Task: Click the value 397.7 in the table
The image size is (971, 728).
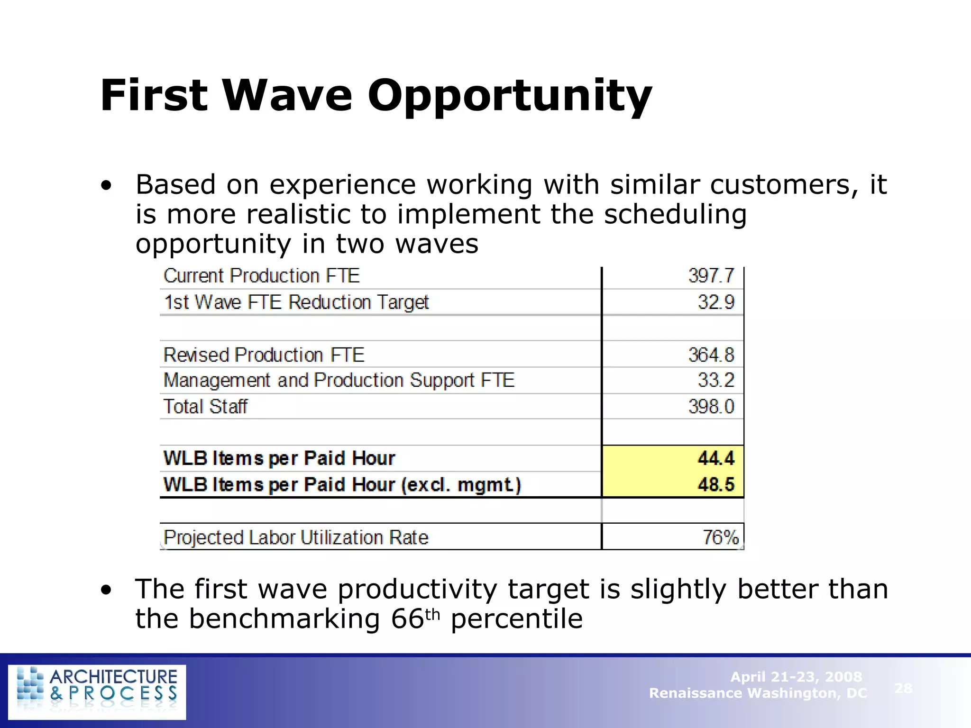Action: click(711, 276)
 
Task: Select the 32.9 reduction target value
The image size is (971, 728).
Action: click(715, 302)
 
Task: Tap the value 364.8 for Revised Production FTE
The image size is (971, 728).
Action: click(711, 355)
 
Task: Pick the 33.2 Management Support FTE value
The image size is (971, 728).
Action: click(715, 380)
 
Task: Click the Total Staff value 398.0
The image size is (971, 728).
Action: click(711, 407)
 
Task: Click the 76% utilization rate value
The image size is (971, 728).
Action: click(720, 537)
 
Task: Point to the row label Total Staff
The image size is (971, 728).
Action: click(205, 407)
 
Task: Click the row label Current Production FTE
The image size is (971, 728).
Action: click(262, 276)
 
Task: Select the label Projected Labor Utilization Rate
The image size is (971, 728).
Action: click(296, 537)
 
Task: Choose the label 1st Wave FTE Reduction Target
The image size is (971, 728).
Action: click(296, 302)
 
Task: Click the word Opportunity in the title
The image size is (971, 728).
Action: click(510, 96)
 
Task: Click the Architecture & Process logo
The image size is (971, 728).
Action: click(97, 692)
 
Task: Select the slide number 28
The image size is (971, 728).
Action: click(903, 688)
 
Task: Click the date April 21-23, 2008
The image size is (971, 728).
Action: click(796, 676)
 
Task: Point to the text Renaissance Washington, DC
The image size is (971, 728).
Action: click(758, 693)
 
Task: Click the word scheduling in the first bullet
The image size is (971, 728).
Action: click(675, 214)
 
